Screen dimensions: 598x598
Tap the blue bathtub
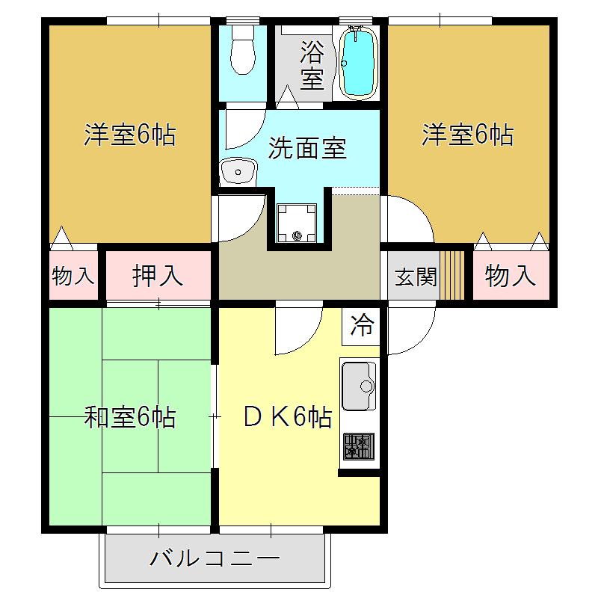pos(358,62)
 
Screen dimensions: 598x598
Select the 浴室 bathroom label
pos(312,64)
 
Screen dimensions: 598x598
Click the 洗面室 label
pos(307,148)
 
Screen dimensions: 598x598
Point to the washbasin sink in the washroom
pos(238,171)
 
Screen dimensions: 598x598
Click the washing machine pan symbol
pos(297,223)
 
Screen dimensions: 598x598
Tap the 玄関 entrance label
pos(416,277)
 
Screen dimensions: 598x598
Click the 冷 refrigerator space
pos(361,325)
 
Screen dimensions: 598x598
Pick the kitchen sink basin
pos(359,386)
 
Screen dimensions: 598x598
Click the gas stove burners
pos(359,446)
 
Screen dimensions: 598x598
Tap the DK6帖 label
pos(288,417)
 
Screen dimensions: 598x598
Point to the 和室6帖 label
pos(130,417)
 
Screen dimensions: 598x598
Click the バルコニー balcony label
pos(215,559)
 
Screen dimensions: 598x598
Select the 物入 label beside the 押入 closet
pos(73,276)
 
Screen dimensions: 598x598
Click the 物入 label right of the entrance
pos(511,276)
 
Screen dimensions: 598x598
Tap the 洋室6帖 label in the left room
pos(130,135)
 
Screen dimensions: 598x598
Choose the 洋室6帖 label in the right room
pos(468,135)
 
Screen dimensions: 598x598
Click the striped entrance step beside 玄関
pos(452,275)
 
